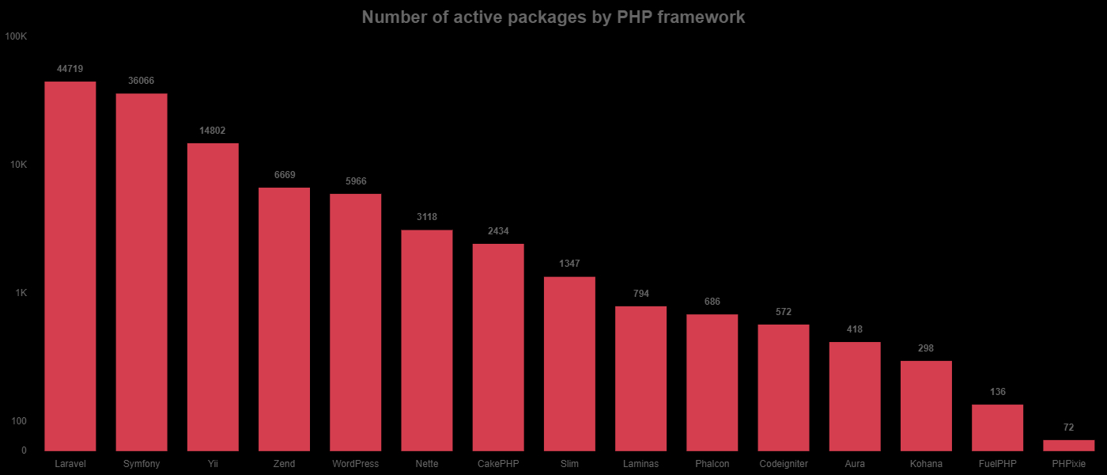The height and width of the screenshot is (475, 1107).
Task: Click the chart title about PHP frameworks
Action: [553, 17]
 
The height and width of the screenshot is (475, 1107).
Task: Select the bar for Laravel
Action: [70, 266]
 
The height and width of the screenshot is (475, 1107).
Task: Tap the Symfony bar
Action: [142, 272]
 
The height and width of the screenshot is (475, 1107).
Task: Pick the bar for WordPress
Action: [356, 322]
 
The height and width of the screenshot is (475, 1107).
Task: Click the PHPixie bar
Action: [1069, 446]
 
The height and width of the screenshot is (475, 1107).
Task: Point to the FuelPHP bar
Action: [998, 427]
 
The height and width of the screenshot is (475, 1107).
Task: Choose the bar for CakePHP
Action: [498, 348]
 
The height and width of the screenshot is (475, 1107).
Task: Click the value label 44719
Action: [70, 69]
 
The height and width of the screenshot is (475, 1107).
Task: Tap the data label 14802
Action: [213, 131]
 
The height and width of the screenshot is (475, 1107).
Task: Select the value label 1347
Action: [569, 264]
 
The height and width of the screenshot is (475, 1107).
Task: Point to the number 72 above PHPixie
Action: [1069, 427]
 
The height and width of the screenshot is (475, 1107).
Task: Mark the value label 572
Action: [784, 312]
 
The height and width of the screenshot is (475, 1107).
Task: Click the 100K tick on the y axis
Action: [16, 36]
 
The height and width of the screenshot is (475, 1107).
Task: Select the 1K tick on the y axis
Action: [21, 293]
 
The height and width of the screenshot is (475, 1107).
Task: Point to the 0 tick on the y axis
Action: [24, 450]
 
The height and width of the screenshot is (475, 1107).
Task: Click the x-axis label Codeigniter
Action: [784, 464]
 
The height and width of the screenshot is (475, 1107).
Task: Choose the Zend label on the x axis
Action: [284, 464]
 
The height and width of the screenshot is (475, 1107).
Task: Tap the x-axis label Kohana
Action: [926, 464]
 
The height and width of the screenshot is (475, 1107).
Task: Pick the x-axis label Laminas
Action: [640, 464]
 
